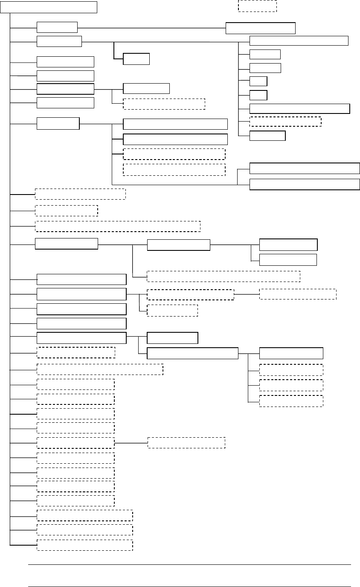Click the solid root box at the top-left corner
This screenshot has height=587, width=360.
click(49, 7)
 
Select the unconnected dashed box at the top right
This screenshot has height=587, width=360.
click(257, 6)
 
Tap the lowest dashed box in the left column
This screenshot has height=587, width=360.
click(85, 545)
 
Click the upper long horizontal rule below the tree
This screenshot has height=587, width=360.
click(189, 564)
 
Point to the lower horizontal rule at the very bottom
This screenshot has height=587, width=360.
click(189, 587)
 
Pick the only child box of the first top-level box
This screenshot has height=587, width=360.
click(260, 28)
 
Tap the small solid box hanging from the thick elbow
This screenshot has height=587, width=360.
click(136, 59)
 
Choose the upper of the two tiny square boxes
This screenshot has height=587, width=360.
click(258, 81)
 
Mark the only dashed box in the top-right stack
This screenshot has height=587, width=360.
click(285, 122)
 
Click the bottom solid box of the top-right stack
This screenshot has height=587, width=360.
click(267, 136)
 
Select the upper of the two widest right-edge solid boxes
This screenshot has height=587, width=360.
click(305, 168)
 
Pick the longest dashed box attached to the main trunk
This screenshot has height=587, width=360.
click(118, 226)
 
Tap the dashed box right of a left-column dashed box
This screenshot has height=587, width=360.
click(186, 442)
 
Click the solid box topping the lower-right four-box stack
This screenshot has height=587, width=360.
click(291, 353)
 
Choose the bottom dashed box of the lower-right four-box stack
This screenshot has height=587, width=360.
click(291, 401)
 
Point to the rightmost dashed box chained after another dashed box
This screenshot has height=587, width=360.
click(298, 294)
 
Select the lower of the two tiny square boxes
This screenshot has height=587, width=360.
click(258, 95)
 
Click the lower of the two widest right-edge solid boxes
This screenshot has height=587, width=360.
click(305, 184)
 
